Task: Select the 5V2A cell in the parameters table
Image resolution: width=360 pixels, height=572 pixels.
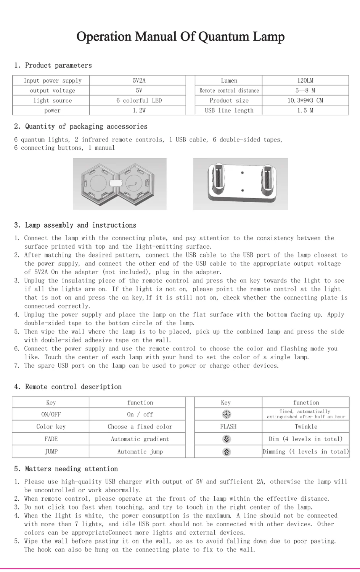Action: pyautogui.click(x=139, y=80)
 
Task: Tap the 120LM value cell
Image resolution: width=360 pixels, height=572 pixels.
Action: pyautogui.click(x=305, y=80)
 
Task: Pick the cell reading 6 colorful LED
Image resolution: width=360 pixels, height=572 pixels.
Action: pyautogui.click(x=139, y=100)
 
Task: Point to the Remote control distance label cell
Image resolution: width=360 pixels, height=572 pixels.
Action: pyautogui.click(x=229, y=90)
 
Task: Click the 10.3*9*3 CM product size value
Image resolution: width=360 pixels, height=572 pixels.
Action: pyautogui.click(x=305, y=100)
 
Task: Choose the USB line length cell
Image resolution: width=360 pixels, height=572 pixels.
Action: pyautogui.click(x=229, y=110)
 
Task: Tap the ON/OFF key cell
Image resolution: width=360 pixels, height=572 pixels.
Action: pyautogui.click(x=51, y=414)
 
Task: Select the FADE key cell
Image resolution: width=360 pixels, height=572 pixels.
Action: pyautogui.click(x=51, y=439)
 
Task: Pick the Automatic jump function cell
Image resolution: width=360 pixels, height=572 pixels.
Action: pyautogui.click(x=140, y=451)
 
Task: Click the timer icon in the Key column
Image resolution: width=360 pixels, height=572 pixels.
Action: pyautogui.click(x=227, y=414)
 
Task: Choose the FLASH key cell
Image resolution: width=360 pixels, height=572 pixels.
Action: pyautogui.click(x=228, y=426)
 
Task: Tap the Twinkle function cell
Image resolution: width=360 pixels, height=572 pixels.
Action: pyautogui.click(x=306, y=426)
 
